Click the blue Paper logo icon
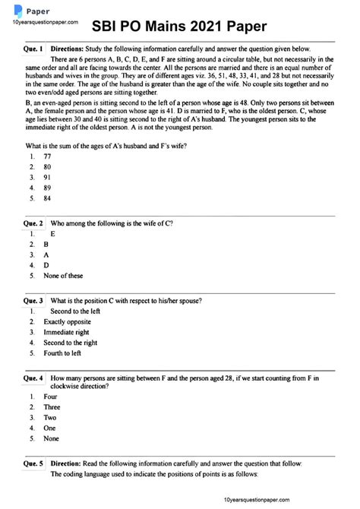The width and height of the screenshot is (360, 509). click(x=17, y=10)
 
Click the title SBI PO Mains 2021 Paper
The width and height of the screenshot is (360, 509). click(x=180, y=27)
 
